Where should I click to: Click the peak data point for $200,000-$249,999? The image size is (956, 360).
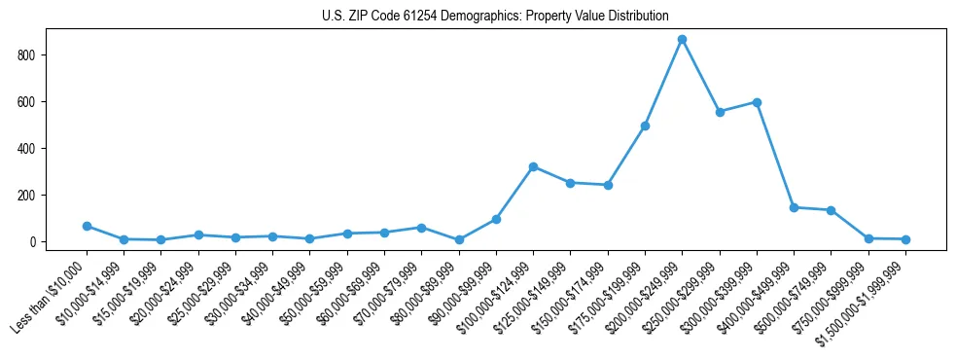click(682, 39)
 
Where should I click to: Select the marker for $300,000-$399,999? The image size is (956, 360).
click(757, 102)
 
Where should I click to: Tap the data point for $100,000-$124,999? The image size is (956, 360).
click(533, 166)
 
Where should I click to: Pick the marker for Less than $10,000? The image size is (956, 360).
click(87, 226)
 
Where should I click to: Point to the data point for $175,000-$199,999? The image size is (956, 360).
click(645, 126)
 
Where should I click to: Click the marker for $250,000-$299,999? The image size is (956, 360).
click(720, 112)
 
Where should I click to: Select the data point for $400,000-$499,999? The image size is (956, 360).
click(794, 207)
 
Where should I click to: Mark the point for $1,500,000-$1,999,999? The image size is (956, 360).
click(905, 239)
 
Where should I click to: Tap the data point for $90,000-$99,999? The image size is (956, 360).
click(496, 219)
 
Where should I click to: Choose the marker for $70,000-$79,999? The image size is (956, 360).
click(421, 228)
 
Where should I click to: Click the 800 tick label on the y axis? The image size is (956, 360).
click(28, 55)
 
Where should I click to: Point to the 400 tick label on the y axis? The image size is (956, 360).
click(28, 149)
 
